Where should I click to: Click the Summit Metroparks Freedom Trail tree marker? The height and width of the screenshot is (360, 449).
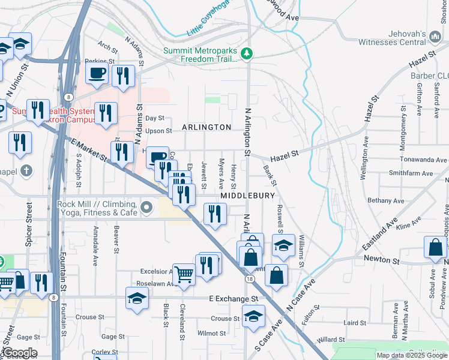click(247, 54)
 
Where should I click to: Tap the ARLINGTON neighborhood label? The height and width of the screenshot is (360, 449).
click(206, 127)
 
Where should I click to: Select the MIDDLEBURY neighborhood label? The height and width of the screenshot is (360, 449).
click(247, 196)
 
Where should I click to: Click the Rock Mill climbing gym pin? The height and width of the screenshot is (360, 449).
click(147, 209)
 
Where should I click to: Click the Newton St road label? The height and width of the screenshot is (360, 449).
click(382, 260)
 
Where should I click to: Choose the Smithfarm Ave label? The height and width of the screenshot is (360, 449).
click(411, 173)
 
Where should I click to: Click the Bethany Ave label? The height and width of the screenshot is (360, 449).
click(387, 200)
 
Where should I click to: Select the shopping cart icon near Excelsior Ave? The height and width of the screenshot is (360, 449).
click(184, 274)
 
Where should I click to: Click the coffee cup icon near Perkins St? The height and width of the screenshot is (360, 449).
click(97, 74)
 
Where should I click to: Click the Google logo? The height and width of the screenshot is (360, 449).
click(19, 353)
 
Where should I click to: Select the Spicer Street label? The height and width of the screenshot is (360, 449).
click(29, 221)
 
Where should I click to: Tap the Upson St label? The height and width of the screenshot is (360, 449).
click(158, 130)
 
